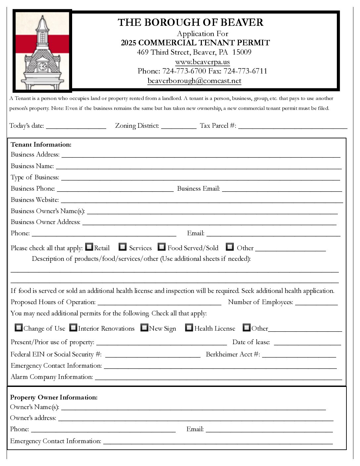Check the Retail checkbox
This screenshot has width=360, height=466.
[89, 247]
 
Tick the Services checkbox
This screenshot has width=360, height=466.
[123, 247]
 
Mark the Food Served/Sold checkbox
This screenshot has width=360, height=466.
[161, 247]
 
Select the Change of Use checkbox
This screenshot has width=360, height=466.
[19, 328]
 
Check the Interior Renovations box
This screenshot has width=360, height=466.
[73, 328]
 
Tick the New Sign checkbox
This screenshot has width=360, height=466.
[144, 328]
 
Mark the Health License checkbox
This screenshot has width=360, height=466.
[189, 328]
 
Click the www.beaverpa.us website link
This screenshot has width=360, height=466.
[202, 62]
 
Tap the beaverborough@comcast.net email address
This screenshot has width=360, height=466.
[194, 81]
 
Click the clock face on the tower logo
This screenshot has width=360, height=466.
[43, 67]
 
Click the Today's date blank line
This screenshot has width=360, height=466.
[76, 126]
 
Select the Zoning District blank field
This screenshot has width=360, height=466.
[179, 126]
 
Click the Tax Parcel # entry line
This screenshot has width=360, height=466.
[292, 126]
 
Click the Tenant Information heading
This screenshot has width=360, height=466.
[41, 144]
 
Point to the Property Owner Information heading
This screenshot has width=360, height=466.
[54, 397]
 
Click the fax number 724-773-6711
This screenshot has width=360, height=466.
[245, 71]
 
